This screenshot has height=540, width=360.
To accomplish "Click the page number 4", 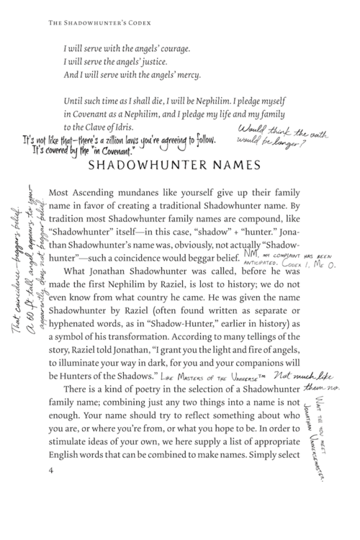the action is click(x=48, y=510).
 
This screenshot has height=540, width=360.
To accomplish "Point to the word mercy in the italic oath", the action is click(x=186, y=76).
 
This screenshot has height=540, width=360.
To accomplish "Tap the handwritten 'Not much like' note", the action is click(x=294, y=374).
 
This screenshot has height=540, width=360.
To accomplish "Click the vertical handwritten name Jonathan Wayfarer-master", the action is click(x=332, y=447).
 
